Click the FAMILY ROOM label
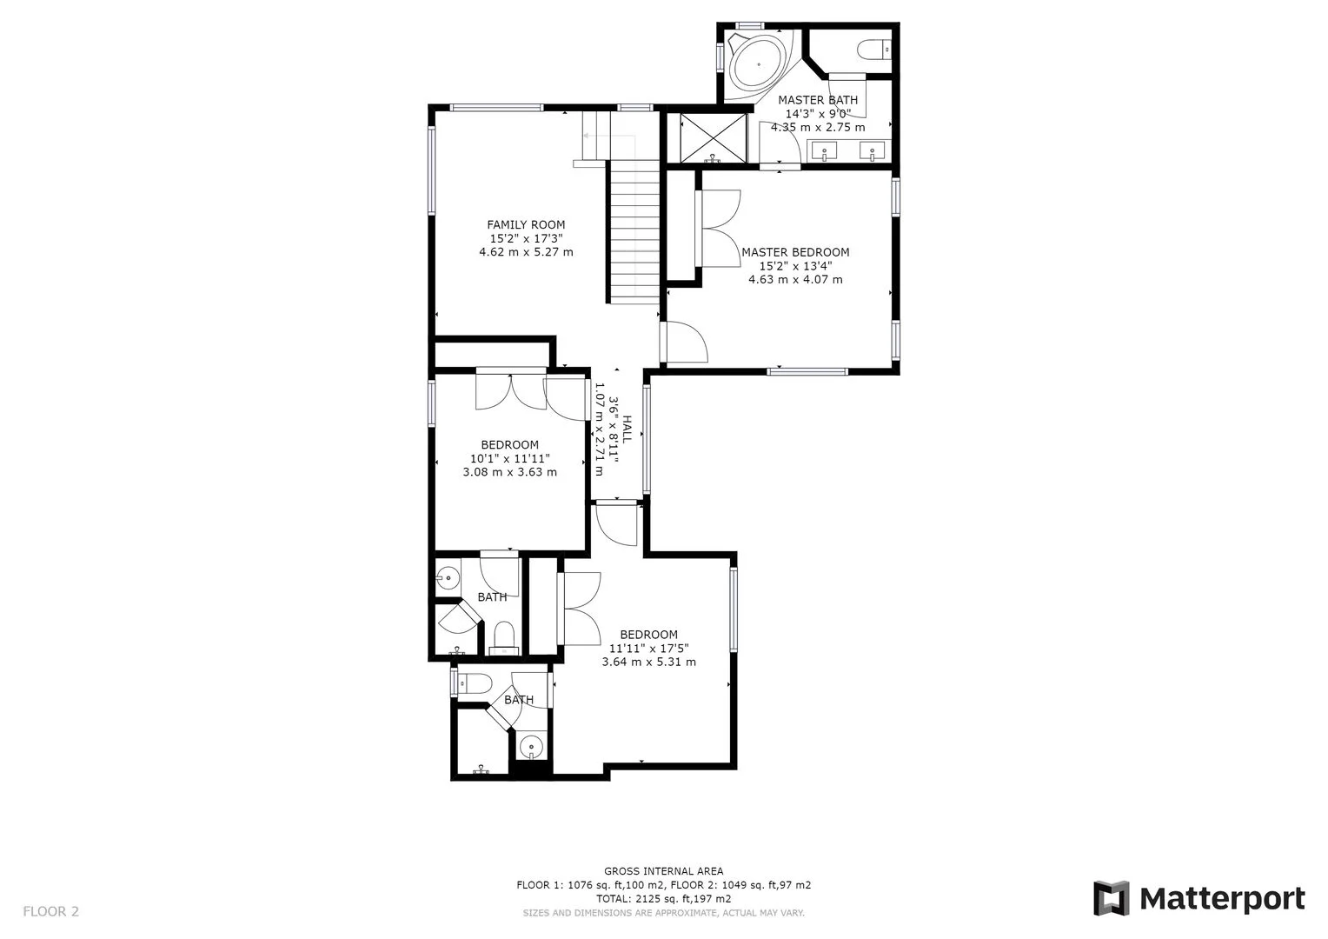[526, 225]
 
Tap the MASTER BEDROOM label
[795, 252]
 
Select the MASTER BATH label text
[818, 100]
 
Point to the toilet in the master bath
[873, 49]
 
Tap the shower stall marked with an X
[714, 137]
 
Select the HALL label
[627, 430]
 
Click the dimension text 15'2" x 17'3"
[526, 238]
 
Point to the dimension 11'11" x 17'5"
[648, 649]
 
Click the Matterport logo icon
[1111, 898]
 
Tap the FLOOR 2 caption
[51, 911]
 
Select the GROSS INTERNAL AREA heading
[663, 871]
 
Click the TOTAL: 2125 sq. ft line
[663, 899]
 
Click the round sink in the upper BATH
[448, 576]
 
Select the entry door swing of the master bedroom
[687, 342]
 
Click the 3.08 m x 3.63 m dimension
[510, 472]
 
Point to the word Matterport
[1223, 900]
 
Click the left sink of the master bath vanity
[824, 150]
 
